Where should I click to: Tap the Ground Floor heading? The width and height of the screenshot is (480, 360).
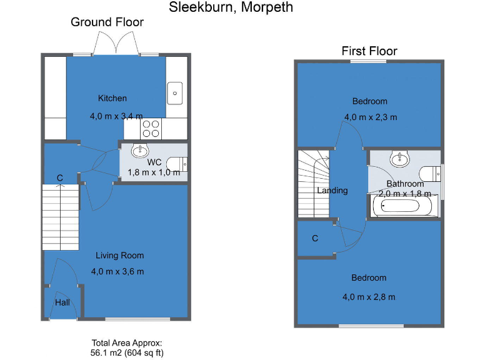107,22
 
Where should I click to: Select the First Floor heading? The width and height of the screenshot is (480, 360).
369,51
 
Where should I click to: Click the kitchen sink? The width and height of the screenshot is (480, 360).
175,93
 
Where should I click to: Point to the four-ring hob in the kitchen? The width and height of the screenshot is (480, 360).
151,129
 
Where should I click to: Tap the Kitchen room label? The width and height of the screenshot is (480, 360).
112,98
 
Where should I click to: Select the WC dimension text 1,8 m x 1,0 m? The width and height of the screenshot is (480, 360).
154,172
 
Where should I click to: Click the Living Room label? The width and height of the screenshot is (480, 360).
119,255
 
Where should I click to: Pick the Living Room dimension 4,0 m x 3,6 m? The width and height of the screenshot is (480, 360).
117,271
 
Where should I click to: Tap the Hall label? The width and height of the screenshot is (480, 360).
62,302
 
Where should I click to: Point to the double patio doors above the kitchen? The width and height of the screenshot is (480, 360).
116,45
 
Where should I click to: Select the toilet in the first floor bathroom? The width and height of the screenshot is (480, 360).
430,173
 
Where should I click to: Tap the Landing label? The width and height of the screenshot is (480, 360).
332,191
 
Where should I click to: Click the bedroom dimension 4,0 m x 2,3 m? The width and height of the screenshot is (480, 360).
370,117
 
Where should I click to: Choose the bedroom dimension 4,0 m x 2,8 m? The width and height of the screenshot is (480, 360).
369,297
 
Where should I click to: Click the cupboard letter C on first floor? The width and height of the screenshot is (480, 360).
315,238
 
